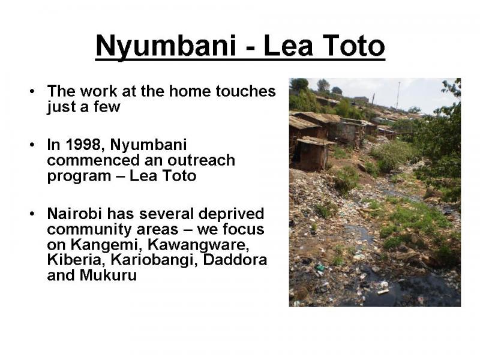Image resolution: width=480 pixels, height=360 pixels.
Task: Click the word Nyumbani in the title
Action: click(166, 47)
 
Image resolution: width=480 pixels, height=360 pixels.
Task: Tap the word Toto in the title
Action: click(353, 46)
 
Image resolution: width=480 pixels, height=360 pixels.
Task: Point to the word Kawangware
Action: click(197, 244)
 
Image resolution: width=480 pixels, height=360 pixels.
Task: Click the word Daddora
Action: click(235, 260)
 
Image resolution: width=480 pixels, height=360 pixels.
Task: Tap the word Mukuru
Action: click(108, 275)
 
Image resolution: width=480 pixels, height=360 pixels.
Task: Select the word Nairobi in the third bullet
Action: click(74, 214)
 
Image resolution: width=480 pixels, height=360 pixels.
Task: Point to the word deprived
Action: click(231, 214)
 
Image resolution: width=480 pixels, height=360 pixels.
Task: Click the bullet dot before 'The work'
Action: click(32, 91)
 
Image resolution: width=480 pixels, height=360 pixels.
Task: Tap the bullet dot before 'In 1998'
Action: click(32, 145)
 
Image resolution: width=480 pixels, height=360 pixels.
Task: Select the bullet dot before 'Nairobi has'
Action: click(32, 214)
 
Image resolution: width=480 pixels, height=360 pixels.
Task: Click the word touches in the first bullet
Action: click(245, 91)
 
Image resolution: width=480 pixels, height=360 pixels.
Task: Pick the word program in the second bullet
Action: click(79, 176)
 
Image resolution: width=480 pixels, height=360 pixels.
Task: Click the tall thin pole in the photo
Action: click(398, 95)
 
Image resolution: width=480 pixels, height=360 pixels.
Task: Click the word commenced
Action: click(94, 160)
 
